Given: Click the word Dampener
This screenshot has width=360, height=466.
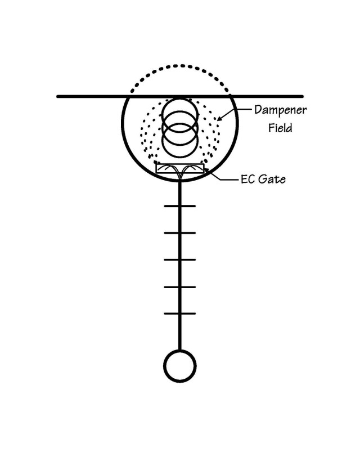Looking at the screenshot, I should (280, 110).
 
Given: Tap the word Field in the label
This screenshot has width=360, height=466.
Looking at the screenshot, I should (280, 128).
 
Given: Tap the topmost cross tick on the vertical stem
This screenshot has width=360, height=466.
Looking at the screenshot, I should (180, 206).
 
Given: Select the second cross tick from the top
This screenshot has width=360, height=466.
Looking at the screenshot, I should (180, 232).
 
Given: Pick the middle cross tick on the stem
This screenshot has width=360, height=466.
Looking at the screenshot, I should (180, 259).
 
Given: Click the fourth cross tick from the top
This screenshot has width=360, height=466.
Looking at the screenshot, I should (180, 287).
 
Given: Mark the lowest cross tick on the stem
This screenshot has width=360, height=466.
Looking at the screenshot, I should (180, 313).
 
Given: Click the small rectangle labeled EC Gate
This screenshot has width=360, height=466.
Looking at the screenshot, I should (180, 168).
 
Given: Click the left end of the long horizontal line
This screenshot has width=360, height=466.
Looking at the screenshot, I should (58, 96).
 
